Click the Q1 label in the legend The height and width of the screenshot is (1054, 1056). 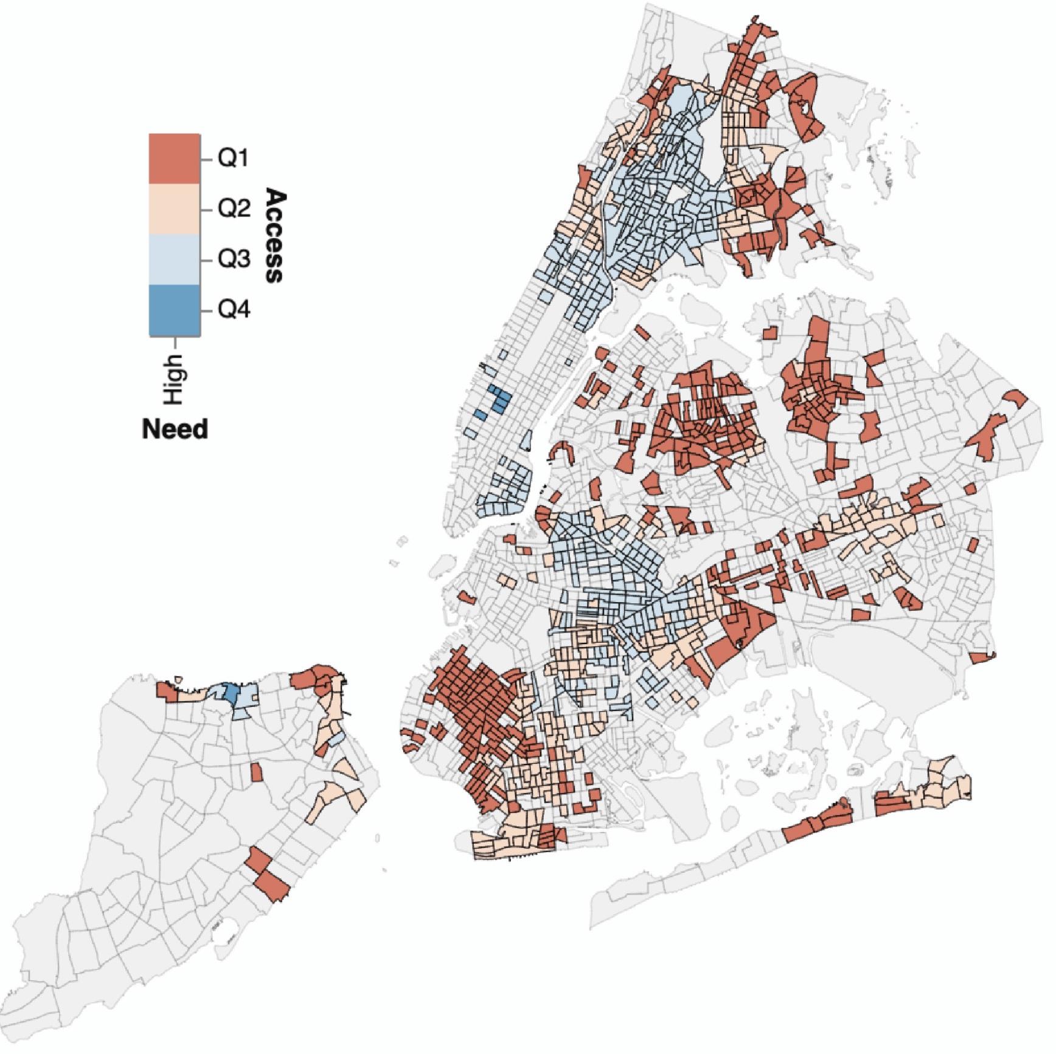pyautogui.click(x=234, y=159)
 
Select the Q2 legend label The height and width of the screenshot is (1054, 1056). pyautogui.click(x=234, y=209)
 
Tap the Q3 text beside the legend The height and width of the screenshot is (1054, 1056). pyautogui.click(x=234, y=259)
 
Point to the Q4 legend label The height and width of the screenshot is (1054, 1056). pyautogui.click(x=234, y=310)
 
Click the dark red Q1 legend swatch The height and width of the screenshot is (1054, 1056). pyautogui.click(x=175, y=159)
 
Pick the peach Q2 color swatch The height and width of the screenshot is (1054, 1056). pyautogui.click(x=175, y=209)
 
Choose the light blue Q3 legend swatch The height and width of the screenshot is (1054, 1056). pyautogui.click(x=175, y=259)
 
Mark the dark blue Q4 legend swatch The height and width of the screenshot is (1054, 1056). pyautogui.click(x=175, y=310)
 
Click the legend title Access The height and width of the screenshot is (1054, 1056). pyautogui.click(x=275, y=235)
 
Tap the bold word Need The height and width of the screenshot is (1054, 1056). pyautogui.click(x=175, y=429)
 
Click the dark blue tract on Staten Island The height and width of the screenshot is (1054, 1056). pyautogui.click(x=232, y=693)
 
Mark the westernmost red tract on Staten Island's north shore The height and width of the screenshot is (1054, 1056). pyautogui.click(x=164, y=690)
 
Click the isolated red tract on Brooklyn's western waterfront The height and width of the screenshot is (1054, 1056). pyautogui.click(x=467, y=598)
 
